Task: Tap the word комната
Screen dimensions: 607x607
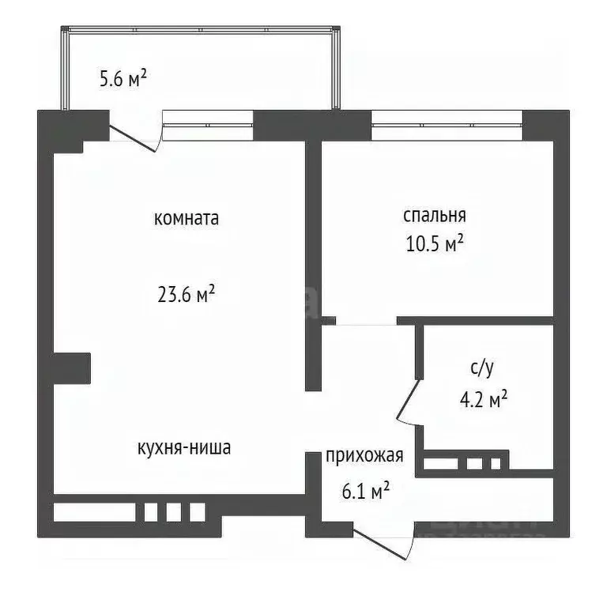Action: [187, 219]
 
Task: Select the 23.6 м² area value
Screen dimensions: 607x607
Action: [187, 295]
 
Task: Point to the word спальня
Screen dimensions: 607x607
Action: [434, 216]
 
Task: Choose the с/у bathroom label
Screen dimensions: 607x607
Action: [483, 368]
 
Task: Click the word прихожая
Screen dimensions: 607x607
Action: [365, 455]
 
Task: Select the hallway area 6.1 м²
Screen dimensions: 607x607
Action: [365, 492]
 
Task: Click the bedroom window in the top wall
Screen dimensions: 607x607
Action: [447, 125]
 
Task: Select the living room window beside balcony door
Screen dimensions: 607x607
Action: [208, 125]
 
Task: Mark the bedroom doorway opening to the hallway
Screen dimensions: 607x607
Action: [366, 322]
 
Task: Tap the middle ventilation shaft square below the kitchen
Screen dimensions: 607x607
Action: [173, 511]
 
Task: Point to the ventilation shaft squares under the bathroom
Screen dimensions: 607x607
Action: [473, 463]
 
